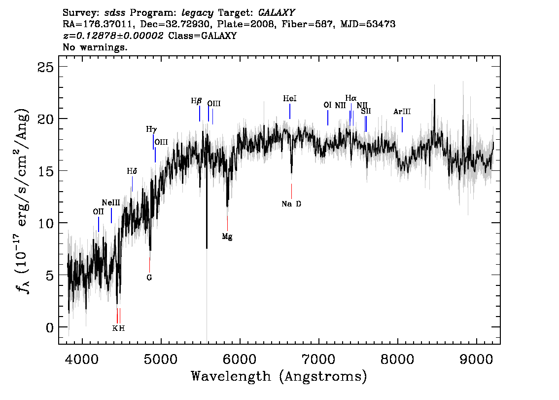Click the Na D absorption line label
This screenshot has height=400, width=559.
[x=291, y=204]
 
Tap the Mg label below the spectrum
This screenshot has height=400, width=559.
[x=227, y=237]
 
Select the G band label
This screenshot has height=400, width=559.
[x=149, y=278]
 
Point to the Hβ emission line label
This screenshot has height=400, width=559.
[x=196, y=101]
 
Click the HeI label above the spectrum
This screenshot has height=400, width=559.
[x=290, y=98]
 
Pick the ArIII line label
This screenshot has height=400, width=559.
[x=402, y=112]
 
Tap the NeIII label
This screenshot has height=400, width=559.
[x=111, y=203]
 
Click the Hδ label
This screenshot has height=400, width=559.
[x=132, y=171]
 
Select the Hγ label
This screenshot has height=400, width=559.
[x=151, y=129]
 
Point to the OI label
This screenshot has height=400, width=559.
[x=328, y=105]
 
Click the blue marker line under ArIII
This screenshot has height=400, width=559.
[x=402, y=124]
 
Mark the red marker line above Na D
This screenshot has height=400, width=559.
[x=292, y=192]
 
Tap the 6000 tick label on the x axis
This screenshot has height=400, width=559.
[x=240, y=360]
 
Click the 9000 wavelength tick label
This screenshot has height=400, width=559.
[x=476, y=360]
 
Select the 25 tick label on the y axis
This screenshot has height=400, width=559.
[x=45, y=67]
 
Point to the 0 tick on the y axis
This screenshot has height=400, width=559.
[x=50, y=327]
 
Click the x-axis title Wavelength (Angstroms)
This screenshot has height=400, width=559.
[x=279, y=376]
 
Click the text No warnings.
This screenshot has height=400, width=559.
[x=95, y=47]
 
